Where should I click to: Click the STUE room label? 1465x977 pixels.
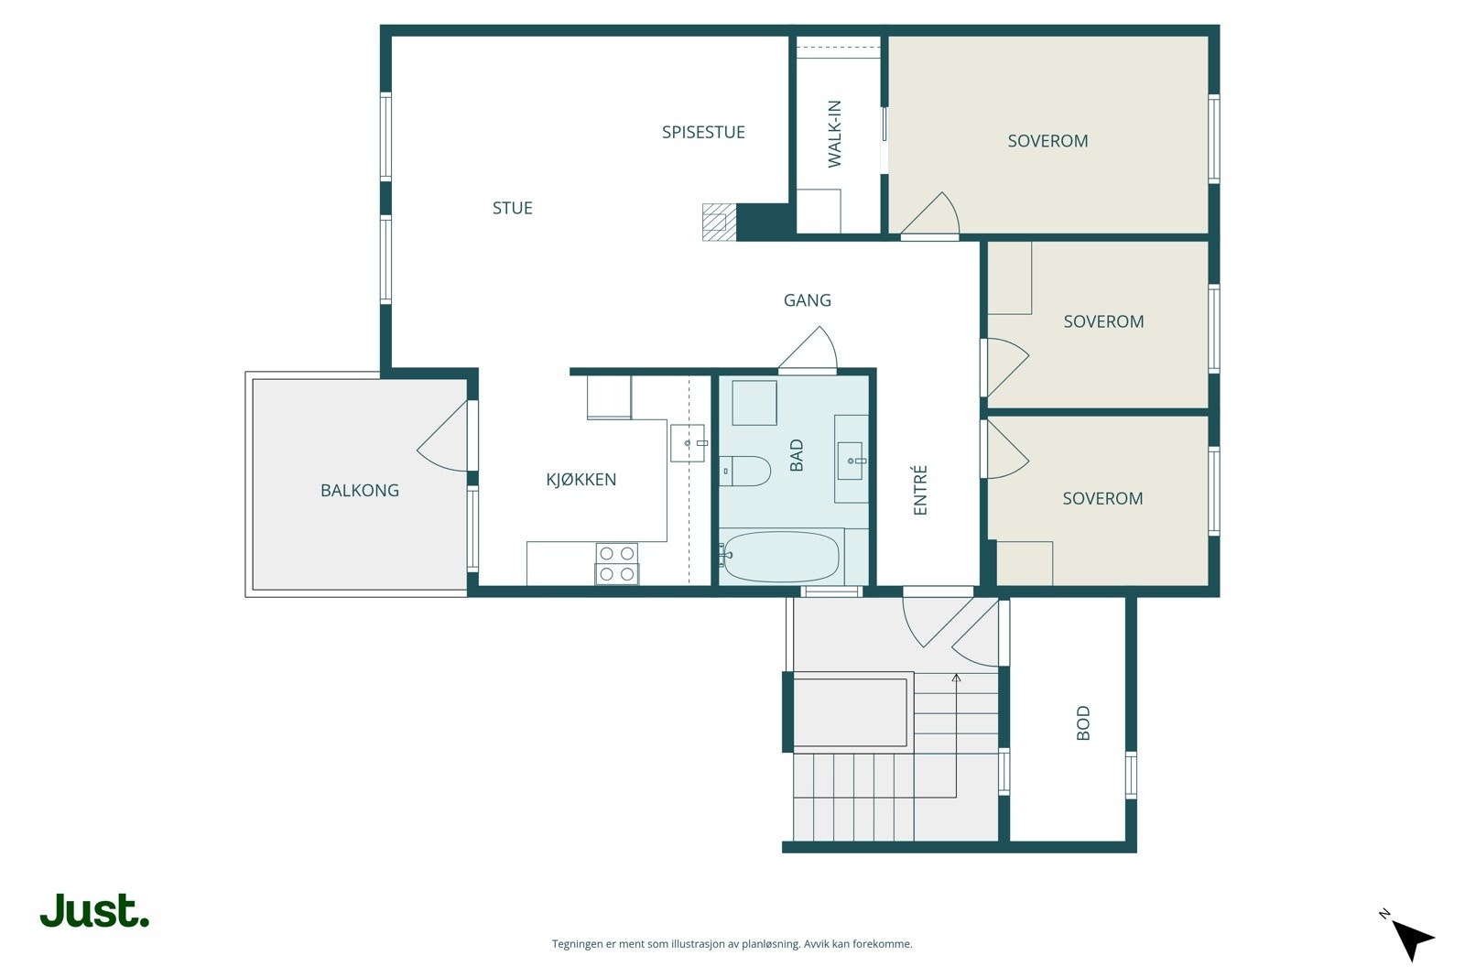click(x=512, y=208)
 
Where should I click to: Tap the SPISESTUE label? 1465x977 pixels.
click(x=703, y=132)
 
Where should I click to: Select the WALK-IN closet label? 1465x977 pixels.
click(x=834, y=134)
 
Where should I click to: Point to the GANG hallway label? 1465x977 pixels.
click(x=807, y=300)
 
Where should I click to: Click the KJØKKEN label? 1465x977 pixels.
click(x=581, y=480)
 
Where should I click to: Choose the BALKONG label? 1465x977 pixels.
click(x=360, y=491)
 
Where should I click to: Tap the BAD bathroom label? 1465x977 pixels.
click(x=796, y=455)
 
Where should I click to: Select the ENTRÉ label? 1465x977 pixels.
click(x=920, y=490)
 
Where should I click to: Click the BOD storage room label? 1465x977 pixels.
click(x=1083, y=722)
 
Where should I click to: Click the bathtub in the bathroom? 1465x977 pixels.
click(x=781, y=557)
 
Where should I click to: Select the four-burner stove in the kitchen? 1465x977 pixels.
click(x=617, y=564)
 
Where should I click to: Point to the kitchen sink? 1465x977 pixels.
click(x=688, y=443)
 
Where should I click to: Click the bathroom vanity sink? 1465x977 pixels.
click(x=851, y=461)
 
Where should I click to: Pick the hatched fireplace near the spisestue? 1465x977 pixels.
click(x=719, y=223)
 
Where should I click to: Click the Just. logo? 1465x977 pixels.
click(x=95, y=910)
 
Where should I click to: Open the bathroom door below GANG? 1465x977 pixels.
click(x=808, y=350)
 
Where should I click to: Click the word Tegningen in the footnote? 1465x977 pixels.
click(x=578, y=944)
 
